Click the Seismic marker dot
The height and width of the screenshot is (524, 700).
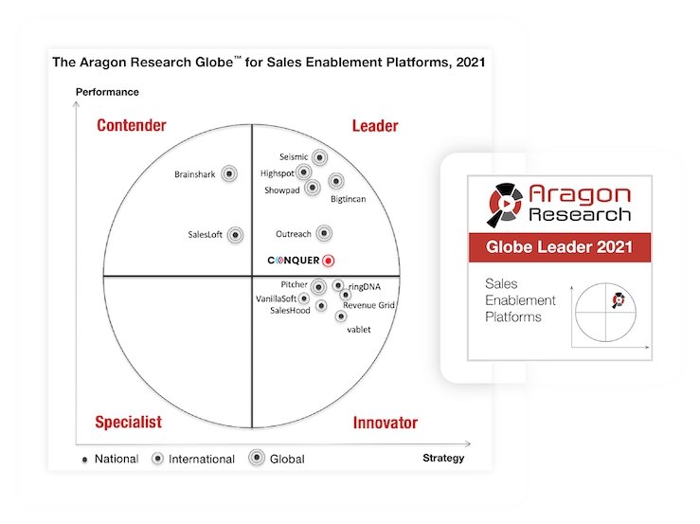pyautogui.click(x=319, y=157)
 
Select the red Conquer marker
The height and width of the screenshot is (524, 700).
pyautogui.click(x=328, y=261)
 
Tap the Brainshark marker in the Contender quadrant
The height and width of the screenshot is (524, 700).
pyautogui.click(x=229, y=173)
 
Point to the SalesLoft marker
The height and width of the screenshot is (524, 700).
pyautogui.click(x=235, y=235)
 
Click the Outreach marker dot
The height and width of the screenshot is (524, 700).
pyautogui.click(x=324, y=233)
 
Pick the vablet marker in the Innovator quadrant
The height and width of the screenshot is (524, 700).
pyautogui.click(x=341, y=316)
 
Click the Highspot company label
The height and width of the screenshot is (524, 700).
pyautogui.click(x=278, y=173)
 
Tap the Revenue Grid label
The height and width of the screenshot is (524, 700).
pyautogui.click(x=368, y=305)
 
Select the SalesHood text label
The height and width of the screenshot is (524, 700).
pyautogui.click(x=290, y=311)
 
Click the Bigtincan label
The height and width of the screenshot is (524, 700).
pyautogui.click(x=349, y=199)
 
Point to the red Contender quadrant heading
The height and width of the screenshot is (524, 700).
pyautogui.click(x=132, y=125)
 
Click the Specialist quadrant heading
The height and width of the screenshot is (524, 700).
pyautogui.click(x=129, y=423)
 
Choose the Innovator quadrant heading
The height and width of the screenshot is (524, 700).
pyautogui.click(x=386, y=423)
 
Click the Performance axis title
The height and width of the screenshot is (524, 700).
pyautogui.click(x=107, y=92)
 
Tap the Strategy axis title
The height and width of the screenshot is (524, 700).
pyautogui.click(x=443, y=458)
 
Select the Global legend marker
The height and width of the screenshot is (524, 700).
pyautogui.click(x=257, y=458)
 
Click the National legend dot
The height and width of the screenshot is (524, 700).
pyautogui.click(x=85, y=460)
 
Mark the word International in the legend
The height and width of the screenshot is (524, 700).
pyautogui.click(x=202, y=460)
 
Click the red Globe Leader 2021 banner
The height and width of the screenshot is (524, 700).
pyautogui.click(x=560, y=247)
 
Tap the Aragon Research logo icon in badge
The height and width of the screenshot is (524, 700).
pyautogui.click(x=505, y=205)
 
